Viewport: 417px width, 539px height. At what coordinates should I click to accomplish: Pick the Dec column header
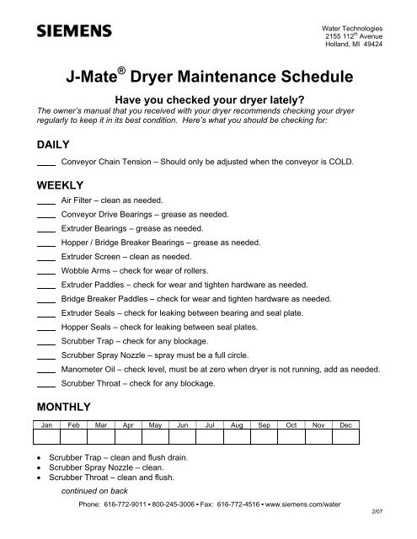click(344, 426)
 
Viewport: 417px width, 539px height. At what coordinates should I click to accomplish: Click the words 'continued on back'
click(96, 495)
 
